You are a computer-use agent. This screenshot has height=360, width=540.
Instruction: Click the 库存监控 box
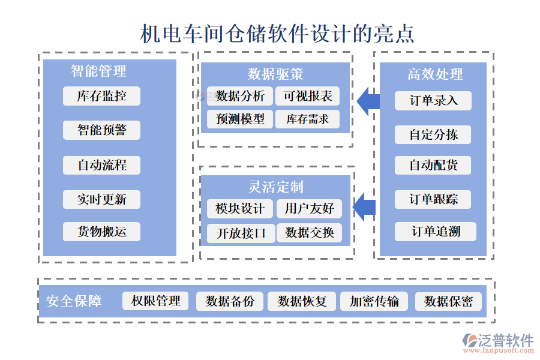[101, 96]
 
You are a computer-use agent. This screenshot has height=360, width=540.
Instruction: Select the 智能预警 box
[101, 130]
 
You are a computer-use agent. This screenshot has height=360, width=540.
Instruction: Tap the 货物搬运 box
[101, 232]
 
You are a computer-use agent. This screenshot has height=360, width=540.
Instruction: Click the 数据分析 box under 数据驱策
[239, 96]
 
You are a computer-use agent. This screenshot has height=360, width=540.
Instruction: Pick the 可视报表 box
[307, 96]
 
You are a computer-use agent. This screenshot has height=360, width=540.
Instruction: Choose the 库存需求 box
[307, 119]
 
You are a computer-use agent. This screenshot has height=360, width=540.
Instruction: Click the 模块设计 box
[239, 209]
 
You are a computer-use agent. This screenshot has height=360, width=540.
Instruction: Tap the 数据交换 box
[309, 233]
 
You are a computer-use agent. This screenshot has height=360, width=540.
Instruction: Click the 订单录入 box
[433, 101]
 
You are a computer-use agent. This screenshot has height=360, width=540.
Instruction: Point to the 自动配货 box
[433, 165]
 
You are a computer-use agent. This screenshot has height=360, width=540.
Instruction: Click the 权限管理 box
[155, 301]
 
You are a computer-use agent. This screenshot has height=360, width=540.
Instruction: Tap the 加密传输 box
[374, 301]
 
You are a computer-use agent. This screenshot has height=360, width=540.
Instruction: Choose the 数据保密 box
[448, 301]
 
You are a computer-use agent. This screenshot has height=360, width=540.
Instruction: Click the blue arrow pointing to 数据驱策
[368, 101]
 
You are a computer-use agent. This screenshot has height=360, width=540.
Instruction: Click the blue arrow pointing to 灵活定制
[364, 208]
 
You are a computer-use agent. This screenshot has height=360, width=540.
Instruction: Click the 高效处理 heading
[435, 74]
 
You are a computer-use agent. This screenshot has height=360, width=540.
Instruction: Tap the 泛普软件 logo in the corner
[498, 342]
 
